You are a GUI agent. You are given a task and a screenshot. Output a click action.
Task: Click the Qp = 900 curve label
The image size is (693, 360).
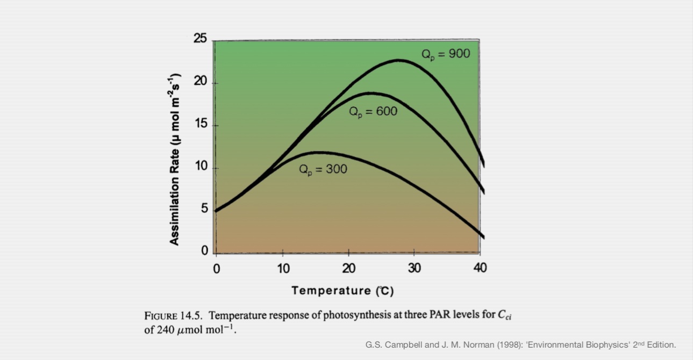click(446, 54)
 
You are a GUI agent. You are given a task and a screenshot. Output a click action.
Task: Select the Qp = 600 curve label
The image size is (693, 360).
click(373, 112)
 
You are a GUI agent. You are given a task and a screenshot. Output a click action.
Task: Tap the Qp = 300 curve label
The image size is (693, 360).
click(323, 169)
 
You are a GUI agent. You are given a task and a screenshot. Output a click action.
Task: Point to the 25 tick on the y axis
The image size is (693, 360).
click(201, 39)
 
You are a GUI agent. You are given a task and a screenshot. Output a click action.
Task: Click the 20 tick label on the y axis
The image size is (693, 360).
click(201, 83)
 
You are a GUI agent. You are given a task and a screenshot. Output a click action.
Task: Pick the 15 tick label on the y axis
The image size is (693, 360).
click(201, 125)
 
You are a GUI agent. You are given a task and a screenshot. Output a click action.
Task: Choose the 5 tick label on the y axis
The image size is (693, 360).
click(204, 209)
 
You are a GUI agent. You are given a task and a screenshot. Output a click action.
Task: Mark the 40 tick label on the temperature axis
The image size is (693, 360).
click(480, 268)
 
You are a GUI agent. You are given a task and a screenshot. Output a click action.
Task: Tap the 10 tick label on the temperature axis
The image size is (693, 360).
click(283, 268)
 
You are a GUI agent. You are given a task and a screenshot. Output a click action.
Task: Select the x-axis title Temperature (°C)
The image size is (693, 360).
click(342, 291)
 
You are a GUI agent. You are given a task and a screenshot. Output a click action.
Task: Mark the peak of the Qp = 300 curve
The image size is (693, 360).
click(319, 152)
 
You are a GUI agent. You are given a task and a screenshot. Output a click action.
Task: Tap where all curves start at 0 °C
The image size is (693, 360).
click(216, 211)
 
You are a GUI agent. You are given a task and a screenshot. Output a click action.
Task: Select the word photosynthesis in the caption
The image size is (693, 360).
click(354, 315)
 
